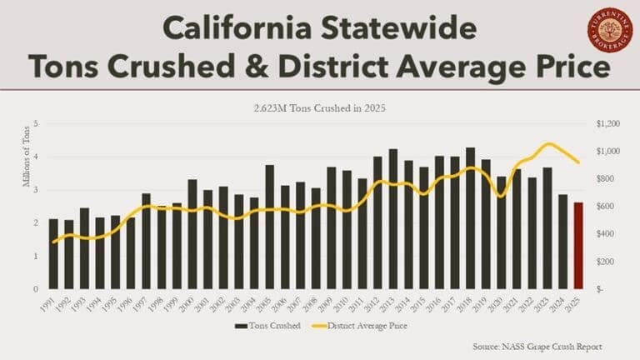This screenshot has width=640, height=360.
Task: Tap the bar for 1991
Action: click(x=53, y=253)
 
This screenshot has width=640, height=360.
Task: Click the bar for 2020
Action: click(x=502, y=232)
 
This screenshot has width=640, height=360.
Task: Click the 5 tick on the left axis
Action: click(x=36, y=124)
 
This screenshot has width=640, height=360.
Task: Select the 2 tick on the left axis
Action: click(x=36, y=222)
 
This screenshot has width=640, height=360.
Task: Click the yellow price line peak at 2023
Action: click(x=547, y=144)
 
